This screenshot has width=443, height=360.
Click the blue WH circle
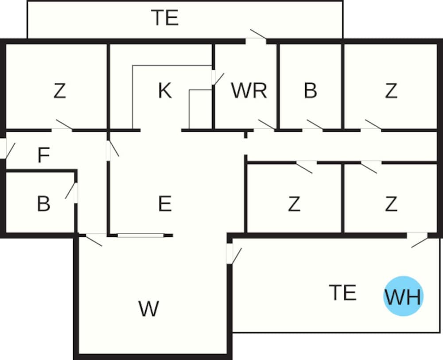click(x=403, y=296)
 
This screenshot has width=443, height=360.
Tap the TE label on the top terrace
click(x=165, y=18)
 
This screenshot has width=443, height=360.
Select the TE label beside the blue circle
click(x=343, y=293)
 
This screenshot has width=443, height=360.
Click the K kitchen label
click(x=164, y=91)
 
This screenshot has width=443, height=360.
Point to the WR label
click(x=249, y=91)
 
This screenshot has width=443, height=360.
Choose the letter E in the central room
click(x=164, y=204)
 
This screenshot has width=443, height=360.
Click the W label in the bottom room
click(x=148, y=309)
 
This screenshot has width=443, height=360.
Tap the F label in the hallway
click(x=43, y=155)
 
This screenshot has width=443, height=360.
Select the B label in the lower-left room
click(x=43, y=204)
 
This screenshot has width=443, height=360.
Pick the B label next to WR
click(x=311, y=91)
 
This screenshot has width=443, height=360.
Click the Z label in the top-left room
click(x=59, y=91)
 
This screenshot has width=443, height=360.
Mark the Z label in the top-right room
click(x=391, y=91)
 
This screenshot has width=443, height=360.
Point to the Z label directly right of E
click(x=294, y=204)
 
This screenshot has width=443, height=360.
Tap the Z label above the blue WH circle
click(x=391, y=204)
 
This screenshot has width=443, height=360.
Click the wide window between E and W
click(x=140, y=235)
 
